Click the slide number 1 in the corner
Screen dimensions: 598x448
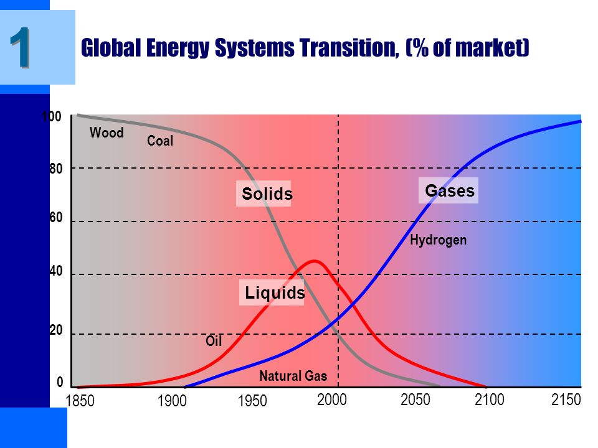click(20, 48)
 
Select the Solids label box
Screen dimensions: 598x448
click(263, 194)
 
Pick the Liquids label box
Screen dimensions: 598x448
click(272, 292)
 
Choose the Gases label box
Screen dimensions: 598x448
click(448, 190)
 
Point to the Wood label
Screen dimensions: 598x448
click(107, 133)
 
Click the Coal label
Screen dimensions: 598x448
click(160, 141)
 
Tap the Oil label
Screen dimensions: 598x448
click(214, 340)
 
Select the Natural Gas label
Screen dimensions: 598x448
click(293, 376)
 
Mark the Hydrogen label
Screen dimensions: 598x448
click(438, 240)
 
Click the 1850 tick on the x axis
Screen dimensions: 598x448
click(80, 401)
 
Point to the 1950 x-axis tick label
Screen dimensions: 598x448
click(252, 401)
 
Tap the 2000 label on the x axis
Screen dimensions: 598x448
click(332, 400)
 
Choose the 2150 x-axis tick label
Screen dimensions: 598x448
click(566, 399)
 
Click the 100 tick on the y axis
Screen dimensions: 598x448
click(52, 116)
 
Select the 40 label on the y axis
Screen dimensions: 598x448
click(56, 271)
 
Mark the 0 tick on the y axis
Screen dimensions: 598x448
click(60, 382)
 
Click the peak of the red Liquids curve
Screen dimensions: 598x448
click(314, 261)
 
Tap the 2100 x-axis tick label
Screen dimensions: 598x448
click(490, 399)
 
